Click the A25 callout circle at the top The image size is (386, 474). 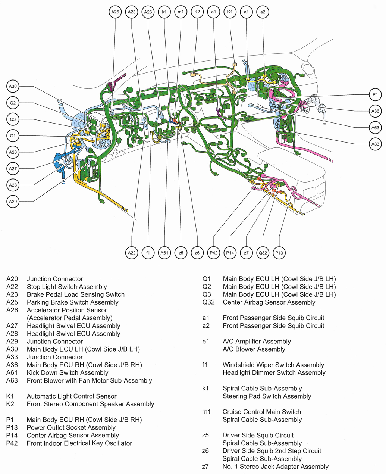click(115, 12)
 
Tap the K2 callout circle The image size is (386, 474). click(197, 12)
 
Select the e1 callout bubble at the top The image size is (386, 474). click(213, 12)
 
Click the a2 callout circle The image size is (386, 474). click(263, 12)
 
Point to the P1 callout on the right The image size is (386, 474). click(375, 95)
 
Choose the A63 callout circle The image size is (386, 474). click(375, 128)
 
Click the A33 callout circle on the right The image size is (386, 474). click(375, 144)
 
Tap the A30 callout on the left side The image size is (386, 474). click(13, 87)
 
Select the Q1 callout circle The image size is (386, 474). click(13, 136)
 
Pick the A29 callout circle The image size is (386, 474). click(13, 202)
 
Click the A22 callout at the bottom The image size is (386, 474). click(132, 253)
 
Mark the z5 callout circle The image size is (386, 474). click(181, 253)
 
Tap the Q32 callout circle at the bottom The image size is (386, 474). click(263, 253)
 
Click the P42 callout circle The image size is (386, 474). click(214, 253)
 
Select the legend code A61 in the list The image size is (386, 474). click(12, 372)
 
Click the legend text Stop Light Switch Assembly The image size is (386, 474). click(67, 287)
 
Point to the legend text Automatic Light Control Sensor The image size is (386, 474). click(72, 396)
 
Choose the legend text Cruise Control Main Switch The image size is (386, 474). click(261, 412)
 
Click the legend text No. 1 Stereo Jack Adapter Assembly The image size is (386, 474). click(275, 467)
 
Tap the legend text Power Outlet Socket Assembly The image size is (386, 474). click(71, 427)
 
